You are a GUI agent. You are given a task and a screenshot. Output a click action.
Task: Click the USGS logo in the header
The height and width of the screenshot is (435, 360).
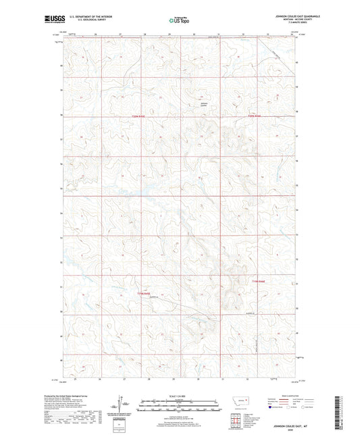pyautogui.click(x=50, y=20)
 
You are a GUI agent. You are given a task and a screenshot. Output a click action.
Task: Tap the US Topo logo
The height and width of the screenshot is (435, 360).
pyautogui.click(x=179, y=21)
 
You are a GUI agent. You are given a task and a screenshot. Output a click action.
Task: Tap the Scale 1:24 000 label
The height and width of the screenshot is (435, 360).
pyautogui.click(x=179, y=396)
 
